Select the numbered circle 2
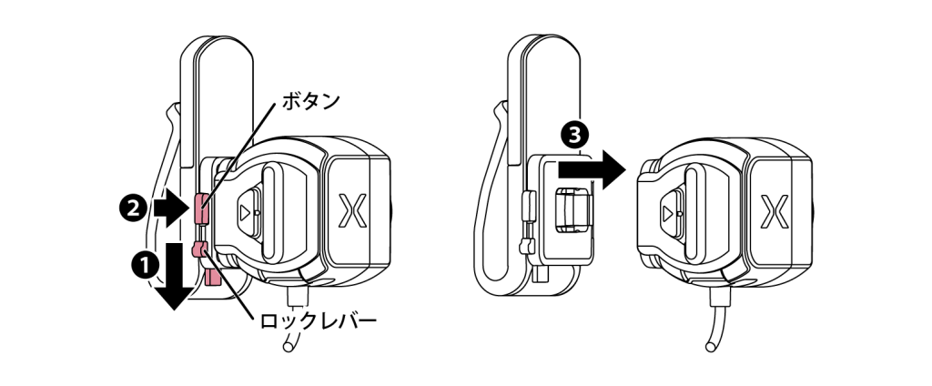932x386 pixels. [x=133, y=208]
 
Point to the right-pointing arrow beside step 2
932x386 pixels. [x=171, y=208]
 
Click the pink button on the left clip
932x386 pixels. [x=202, y=208]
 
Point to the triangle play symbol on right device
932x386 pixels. [x=669, y=212]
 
